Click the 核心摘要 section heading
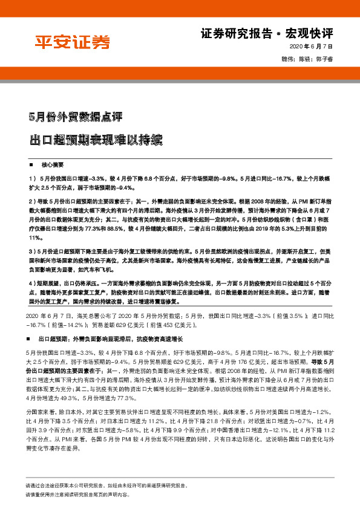pyautogui.click(x=53, y=164)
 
